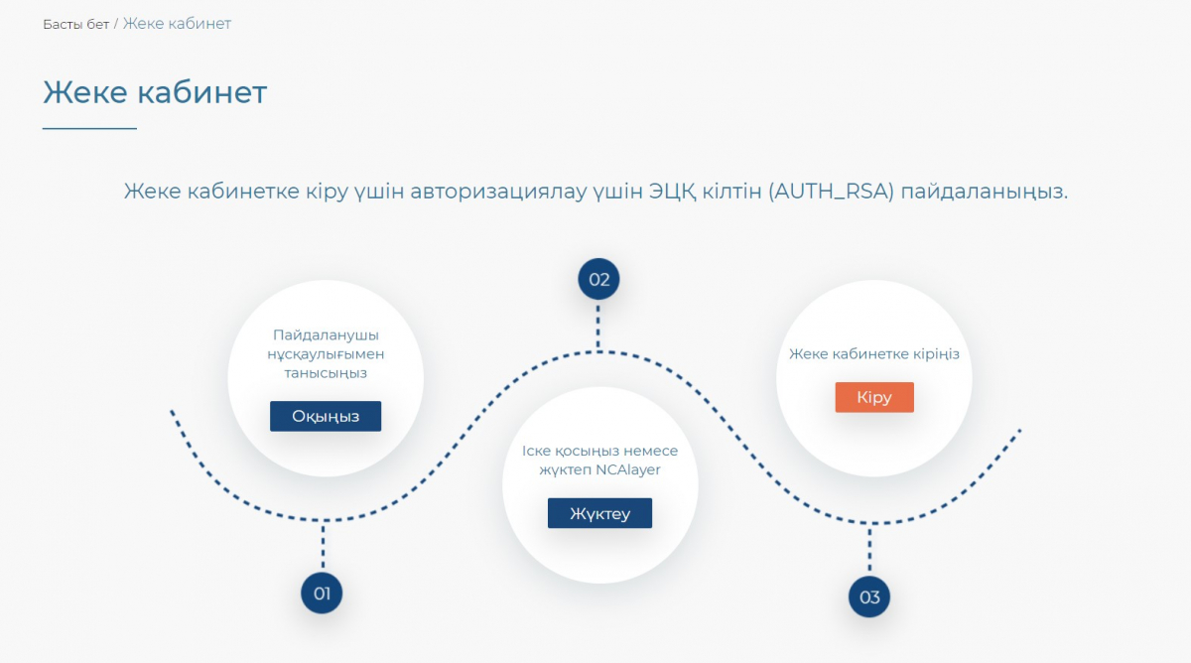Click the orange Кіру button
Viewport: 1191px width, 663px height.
pos(874,397)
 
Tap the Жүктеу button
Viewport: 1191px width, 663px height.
pos(599,513)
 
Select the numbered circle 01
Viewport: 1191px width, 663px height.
pos(322,593)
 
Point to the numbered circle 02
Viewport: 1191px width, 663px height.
pos(598,279)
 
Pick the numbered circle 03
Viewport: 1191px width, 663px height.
pos(869,597)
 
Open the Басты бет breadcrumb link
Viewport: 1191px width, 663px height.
pos(75,25)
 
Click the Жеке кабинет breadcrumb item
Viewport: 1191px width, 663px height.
pos(177,24)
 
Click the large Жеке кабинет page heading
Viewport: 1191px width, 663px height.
pos(155,92)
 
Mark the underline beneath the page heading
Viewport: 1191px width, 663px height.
pos(89,128)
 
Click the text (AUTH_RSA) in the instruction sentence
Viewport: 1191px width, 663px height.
pos(831,192)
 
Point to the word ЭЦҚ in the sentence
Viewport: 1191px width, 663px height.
pos(672,192)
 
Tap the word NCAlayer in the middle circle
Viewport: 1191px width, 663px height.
pos(628,470)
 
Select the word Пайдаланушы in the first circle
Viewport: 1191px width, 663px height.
pos(326,334)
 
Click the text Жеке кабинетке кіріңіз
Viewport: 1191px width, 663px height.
pos(874,354)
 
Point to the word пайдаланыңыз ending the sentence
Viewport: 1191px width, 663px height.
pos(985,192)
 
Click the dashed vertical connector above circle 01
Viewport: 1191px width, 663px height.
pos(323,546)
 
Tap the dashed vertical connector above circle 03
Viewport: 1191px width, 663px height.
pos(869,550)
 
